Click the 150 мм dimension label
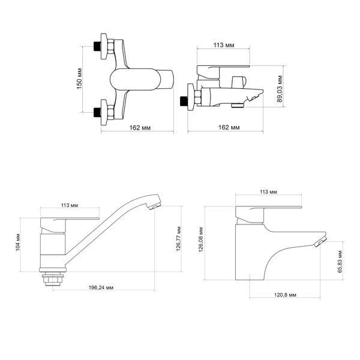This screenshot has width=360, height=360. (x=79, y=79)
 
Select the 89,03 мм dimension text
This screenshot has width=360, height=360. (x=280, y=89)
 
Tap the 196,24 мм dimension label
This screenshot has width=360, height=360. (x=101, y=287)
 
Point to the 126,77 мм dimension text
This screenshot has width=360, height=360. (x=178, y=239)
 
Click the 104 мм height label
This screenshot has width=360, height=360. (x=18, y=242)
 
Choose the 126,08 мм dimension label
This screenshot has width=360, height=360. (x=201, y=239)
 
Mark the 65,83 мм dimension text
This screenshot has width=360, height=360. (x=340, y=262)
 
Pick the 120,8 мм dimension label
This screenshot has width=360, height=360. (x=285, y=295)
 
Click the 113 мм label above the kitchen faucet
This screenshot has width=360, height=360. (x=70, y=205)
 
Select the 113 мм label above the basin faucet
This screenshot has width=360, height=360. (x=268, y=192)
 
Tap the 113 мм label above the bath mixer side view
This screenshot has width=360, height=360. (x=224, y=45)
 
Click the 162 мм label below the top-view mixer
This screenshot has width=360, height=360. (x=140, y=128)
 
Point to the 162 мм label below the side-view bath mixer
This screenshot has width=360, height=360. (x=229, y=127)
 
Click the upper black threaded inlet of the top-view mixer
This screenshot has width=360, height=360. (x=97, y=46)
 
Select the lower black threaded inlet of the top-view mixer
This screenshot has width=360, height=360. (x=97, y=112)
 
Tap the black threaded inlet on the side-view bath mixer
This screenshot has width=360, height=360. (x=184, y=101)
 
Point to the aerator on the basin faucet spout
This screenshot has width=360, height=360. (x=320, y=242)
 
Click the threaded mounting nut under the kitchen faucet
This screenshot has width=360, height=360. (x=53, y=279)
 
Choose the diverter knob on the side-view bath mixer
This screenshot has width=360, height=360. (x=239, y=82)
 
